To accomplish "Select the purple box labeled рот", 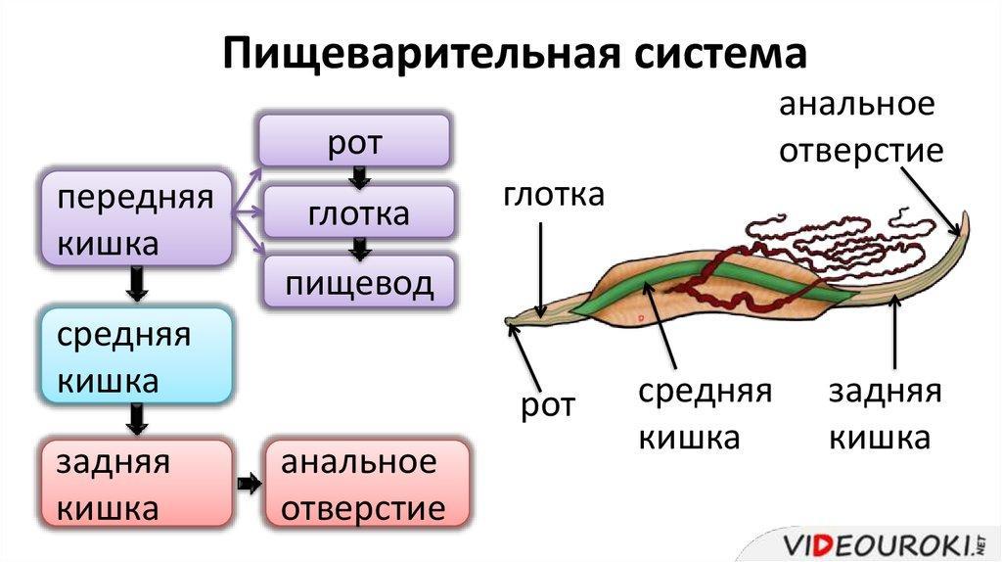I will coord(354,139).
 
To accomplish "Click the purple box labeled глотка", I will coord(359,212).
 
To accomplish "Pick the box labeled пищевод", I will coord(359,283).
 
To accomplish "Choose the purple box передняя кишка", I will coord(135,219).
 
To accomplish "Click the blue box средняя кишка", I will coord(136,355).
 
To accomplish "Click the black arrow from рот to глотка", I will coord(359,177).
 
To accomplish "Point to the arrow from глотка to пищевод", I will coord(359,249).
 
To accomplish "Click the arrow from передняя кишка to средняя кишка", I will coord(137,285).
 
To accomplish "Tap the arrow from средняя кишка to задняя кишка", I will coord(137,419).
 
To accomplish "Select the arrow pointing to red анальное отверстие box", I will coord(250,484).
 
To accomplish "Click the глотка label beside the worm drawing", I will coord(555,196).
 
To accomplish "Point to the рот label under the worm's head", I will coord(548,404).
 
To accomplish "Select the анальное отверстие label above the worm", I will coord(860,127).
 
